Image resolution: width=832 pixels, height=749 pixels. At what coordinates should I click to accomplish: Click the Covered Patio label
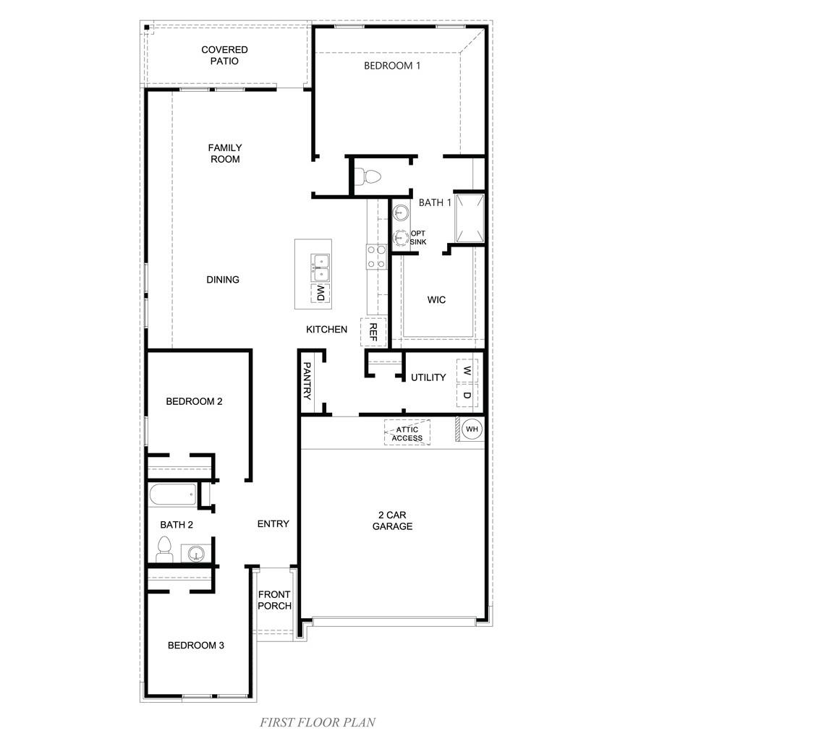click(x=224, y=55)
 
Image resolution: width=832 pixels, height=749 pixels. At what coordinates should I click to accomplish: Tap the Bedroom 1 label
click(x=391, y=66)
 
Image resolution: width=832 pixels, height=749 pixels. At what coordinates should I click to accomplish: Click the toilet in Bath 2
click(x=164, y=549)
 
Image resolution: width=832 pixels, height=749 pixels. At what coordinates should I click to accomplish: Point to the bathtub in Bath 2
click(x=173, y=496)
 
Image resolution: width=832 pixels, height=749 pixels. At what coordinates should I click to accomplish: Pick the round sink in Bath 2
click(x=196, y=555)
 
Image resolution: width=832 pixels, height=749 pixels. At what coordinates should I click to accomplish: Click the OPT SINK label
click(x=417, y=238)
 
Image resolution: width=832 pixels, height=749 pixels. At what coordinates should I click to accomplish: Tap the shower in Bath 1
click(x=469, y=218)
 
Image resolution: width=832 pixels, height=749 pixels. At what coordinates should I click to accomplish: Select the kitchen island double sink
click(x=320, y=267)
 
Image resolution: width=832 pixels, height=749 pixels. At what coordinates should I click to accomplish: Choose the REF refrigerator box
click(x=373, y=332)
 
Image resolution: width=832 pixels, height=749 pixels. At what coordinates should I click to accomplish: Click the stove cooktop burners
click(x=376, y=257)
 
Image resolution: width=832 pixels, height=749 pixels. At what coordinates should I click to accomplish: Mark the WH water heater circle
click(x=472, y=429)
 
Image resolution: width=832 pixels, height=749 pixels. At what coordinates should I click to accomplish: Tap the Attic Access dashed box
click(x=407, y=433)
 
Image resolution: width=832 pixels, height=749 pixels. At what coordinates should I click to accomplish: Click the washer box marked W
click(x=467, y=371)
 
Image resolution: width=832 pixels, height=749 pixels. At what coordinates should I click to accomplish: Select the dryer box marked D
click(x=467, y=395)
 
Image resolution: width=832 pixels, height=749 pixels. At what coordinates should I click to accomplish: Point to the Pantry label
click(x=307, y=381)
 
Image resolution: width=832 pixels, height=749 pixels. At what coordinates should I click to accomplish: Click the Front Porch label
click(x=274, y=600)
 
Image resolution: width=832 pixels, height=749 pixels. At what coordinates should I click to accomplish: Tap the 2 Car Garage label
click(x=392, y=521)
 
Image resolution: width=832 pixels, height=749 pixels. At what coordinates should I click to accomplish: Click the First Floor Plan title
click(x=317, y=722)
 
